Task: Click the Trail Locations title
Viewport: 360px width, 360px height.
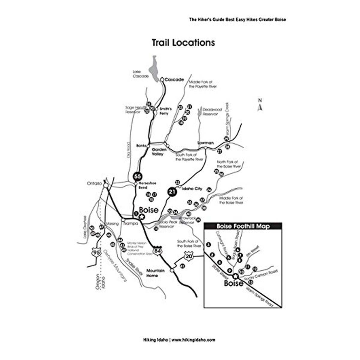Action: (183, 43)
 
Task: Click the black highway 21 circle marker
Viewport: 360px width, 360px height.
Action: (172, 192)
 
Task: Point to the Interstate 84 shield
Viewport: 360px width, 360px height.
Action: (157, 250)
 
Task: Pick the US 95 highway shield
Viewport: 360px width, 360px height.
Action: (96, 252)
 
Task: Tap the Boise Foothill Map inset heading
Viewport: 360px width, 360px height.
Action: (243, 226)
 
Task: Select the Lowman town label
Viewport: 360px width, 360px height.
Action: (205, 143)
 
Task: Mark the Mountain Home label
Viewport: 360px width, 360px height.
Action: (155, 273)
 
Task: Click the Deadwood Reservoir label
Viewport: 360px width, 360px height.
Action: (212, 112)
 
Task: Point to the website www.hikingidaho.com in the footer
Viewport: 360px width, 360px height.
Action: (193, 340)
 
